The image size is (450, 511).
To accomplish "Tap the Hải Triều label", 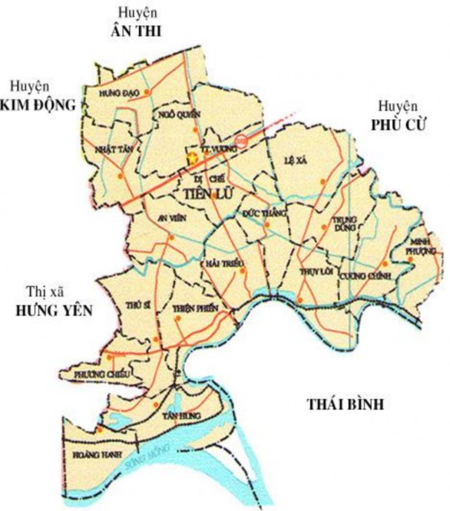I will (225, 264).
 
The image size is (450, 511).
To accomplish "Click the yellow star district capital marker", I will (192, 157).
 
